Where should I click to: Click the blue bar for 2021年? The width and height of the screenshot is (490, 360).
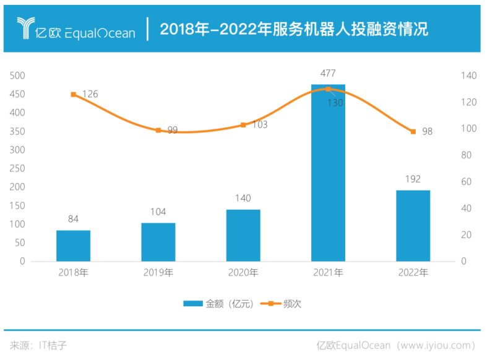click(328, 173)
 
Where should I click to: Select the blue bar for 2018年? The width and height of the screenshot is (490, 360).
click(74, 246)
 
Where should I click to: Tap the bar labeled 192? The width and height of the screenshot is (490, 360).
click(413, 225)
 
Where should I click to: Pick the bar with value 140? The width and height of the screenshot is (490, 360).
click(243, 235)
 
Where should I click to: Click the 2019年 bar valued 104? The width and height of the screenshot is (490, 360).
click(158, 242)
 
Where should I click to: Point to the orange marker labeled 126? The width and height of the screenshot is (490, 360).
click(74, 95)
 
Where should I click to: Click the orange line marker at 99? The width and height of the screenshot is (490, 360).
click(158, 131)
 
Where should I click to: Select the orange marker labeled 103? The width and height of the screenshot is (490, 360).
click(243, 125)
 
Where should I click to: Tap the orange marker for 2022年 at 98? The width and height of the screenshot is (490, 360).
click(413, 132)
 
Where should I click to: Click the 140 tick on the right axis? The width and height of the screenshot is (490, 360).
click(468, 75)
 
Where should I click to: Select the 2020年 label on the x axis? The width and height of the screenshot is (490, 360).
click(243, 273)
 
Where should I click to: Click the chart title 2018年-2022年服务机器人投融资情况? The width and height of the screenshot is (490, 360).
click(294, 29)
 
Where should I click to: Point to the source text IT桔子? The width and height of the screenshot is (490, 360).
click(52, 345)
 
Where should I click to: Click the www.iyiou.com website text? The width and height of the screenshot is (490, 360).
click(437, 345)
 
